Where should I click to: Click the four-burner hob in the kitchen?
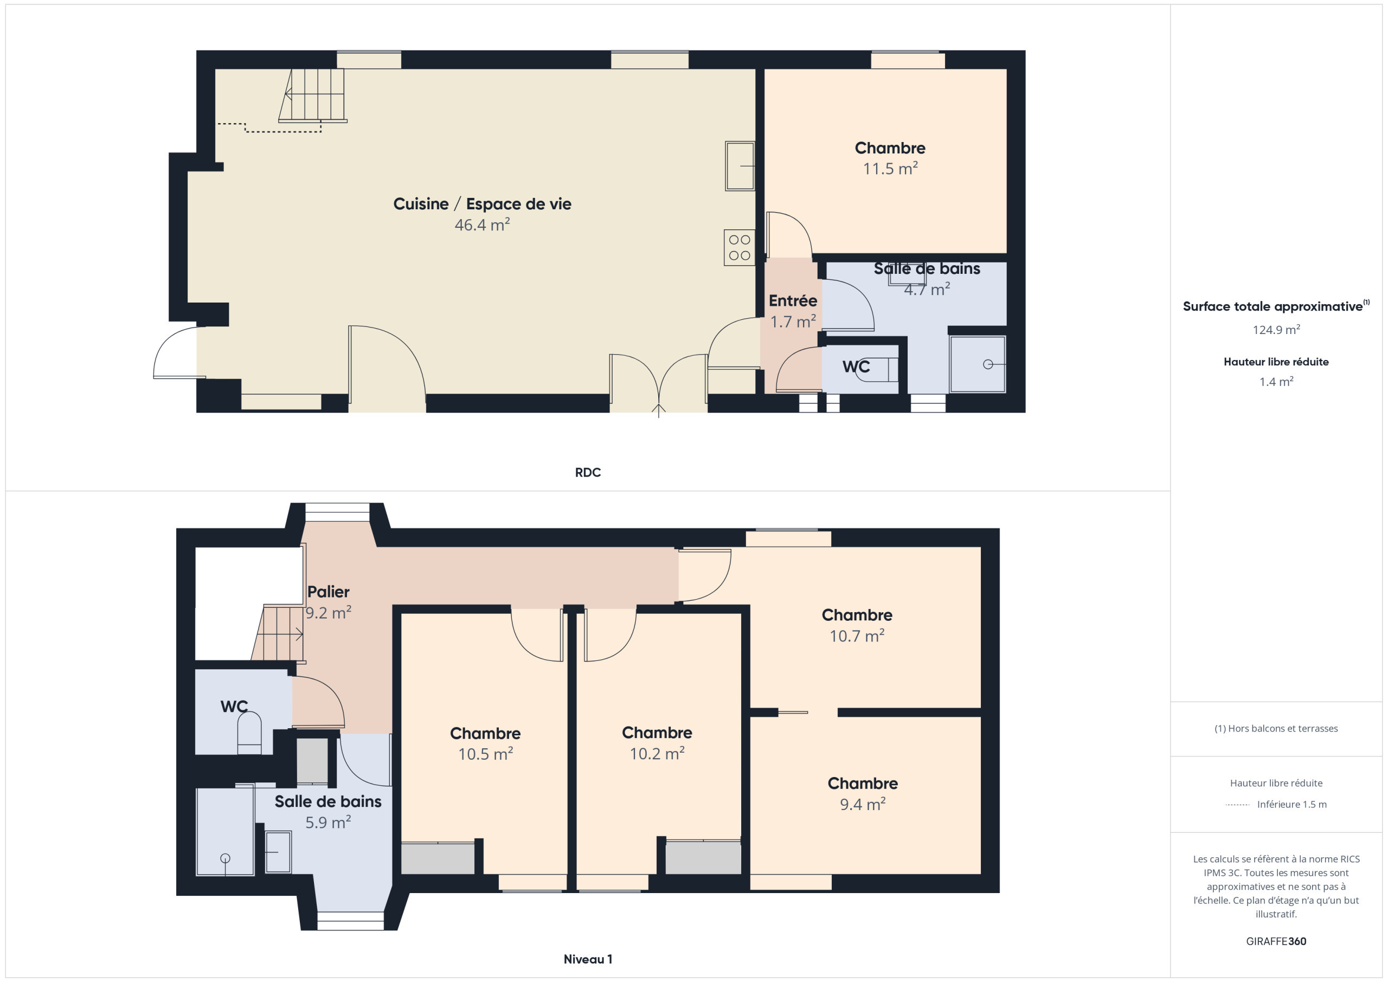(740, 247)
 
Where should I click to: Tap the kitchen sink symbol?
(740, 166)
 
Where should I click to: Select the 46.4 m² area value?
(482, 225)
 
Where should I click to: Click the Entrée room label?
(793, 300)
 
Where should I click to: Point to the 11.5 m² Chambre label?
(890, 148)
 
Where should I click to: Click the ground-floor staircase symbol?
(312, 95)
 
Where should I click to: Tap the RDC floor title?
(588, 472)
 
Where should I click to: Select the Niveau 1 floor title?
(588, 959)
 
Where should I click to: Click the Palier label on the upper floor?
(328, 592)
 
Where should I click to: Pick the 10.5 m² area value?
(485, 754)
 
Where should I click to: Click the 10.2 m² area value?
(657, 753)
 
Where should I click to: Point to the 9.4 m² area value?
(863, 804)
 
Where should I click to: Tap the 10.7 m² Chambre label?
(857, 615)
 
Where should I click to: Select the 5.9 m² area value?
(327, 823)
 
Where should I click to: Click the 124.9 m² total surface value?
(1276, 330)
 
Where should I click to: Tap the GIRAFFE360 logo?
(1276, 941)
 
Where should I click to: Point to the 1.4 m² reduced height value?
(1276, 382)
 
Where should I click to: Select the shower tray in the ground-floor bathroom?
(977, 364)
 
